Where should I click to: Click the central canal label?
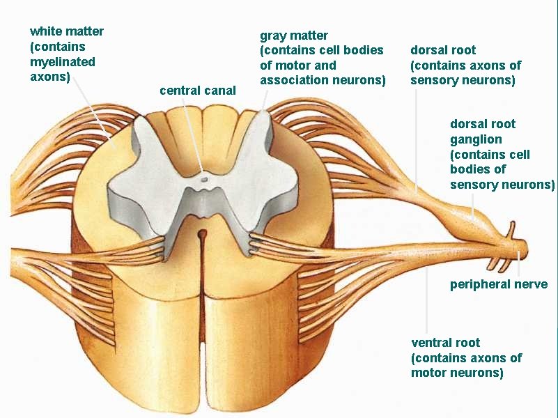coord(198,91)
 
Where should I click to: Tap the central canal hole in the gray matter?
coord(204,178)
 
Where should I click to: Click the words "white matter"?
coord(67,31)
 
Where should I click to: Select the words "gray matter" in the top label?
coord(294,35)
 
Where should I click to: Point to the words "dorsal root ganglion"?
coord(483,132)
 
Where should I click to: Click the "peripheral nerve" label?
coord(499,284)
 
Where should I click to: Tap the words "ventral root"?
coord(445,343)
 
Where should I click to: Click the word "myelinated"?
coord(63,61)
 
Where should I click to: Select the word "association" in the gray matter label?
coord(293,80)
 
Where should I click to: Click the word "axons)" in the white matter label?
coord(50,77)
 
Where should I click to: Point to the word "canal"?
coord(219,91)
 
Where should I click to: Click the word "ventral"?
coord(432,343)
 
